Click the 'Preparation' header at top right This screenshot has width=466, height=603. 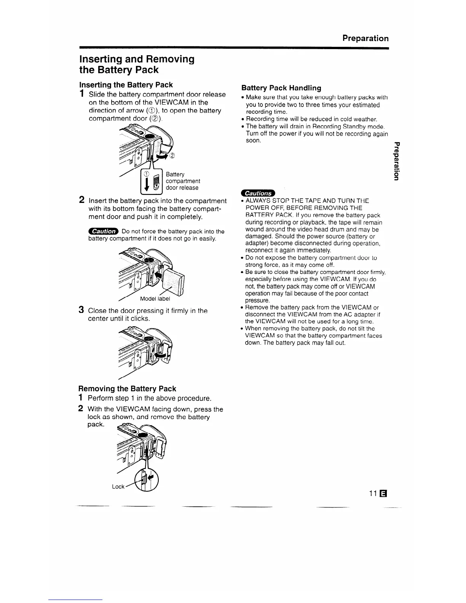click(365, 38)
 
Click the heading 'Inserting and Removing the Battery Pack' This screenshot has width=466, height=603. click(136, 64)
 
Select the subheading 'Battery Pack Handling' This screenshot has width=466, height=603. click(281, 88)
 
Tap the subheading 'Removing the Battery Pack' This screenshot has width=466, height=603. click(127, 389)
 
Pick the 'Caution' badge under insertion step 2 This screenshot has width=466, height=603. click(103, 231)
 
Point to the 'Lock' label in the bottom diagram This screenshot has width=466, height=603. click(118, 487)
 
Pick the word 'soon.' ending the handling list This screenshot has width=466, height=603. click(253, 141)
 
